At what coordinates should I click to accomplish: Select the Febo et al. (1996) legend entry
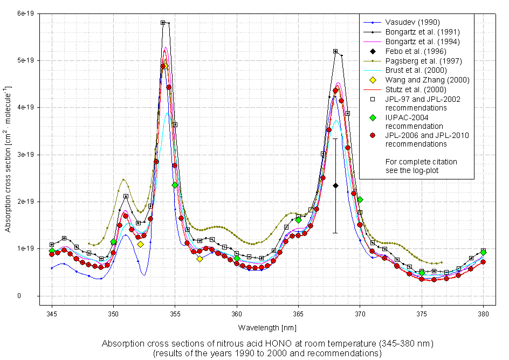click(408, 51)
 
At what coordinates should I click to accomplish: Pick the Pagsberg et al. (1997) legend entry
click(422, 61)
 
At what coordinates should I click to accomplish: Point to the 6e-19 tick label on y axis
click(25, 13)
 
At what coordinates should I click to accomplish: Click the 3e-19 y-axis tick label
click(25, 154)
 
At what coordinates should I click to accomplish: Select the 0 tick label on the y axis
click(33, 296)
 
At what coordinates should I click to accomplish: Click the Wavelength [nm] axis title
click(267, 327)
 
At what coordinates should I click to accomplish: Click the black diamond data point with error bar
click(335, 185)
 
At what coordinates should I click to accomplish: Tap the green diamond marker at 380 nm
click(483, 252)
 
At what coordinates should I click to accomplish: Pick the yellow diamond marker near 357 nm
click(200, 259)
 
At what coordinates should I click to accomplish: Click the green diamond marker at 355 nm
click(175, 185)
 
